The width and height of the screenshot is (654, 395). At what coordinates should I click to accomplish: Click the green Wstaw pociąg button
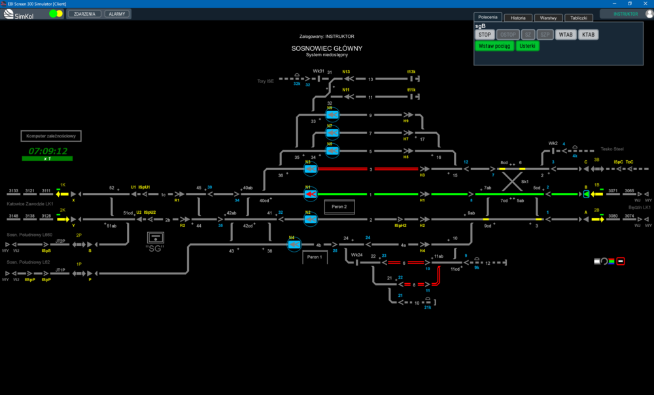click(x=494, y=46)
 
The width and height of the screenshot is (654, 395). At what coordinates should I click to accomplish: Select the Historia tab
click(x=518, y=18)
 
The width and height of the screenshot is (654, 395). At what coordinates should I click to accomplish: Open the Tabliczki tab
click(x=578, y=18)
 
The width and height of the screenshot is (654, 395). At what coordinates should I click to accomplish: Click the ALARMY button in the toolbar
click(x=118, y=14)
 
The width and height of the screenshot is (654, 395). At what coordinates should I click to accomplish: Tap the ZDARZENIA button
click(x=84, y=14)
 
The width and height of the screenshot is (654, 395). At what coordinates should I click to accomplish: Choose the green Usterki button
click(x=528, y=46)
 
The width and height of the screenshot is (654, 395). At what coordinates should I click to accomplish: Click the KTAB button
click(x=588, y=35)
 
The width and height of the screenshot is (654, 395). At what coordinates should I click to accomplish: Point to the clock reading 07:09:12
click(x=48, y=151)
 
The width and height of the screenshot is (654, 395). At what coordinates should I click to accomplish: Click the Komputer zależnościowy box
click(x=52, y=137)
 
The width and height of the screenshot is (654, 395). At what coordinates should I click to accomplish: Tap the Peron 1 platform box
click(x=315, y=257)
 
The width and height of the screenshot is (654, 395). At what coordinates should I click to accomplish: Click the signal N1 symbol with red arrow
click(x=311, y=194)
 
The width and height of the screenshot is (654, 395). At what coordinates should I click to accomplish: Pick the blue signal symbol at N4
click(x=294, y=245)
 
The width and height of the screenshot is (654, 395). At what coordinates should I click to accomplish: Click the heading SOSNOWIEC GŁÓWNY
click(x=327, y=48)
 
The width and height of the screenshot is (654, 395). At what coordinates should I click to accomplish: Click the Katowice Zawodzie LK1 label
click(x=29, y=203)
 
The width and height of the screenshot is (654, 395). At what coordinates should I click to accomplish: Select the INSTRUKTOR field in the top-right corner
click(x=625, y=14)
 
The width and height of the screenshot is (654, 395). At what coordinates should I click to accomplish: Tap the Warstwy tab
click(x=548, y=18)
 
